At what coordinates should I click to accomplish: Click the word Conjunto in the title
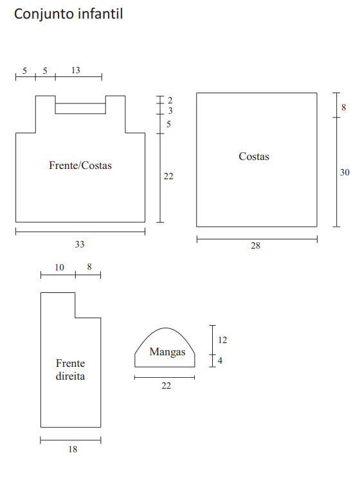tap(44, 14)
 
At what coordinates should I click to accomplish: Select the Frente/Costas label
tap(80, 165)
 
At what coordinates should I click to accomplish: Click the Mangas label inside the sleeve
tap(167, 352)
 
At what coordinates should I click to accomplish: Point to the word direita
tap(70, 376)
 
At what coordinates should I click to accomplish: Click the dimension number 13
tap(76, 70)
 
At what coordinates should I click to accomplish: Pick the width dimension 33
tap(80, 244)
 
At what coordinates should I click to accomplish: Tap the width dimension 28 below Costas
tap(256, 245)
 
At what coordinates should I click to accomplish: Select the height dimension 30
tap(345, 172)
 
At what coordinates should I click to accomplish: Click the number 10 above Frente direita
tap(59, 267)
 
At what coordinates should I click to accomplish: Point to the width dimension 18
tap(73, 449)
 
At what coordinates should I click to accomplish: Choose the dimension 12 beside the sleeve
tap(222, 340)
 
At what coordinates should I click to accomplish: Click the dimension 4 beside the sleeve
tap(220, 360)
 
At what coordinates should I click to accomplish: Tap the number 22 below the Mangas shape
tap(166, 385)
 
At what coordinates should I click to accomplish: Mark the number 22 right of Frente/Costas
tap(168, 176)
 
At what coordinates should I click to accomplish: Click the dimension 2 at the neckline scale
tap(170, 100)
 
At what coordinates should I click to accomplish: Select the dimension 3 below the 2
tap(170, 111)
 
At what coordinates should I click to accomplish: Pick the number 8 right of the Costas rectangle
tap(343, 107)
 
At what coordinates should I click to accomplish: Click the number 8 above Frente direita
tap(89, 267)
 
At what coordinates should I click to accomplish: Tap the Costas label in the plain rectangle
tap(254, 156)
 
